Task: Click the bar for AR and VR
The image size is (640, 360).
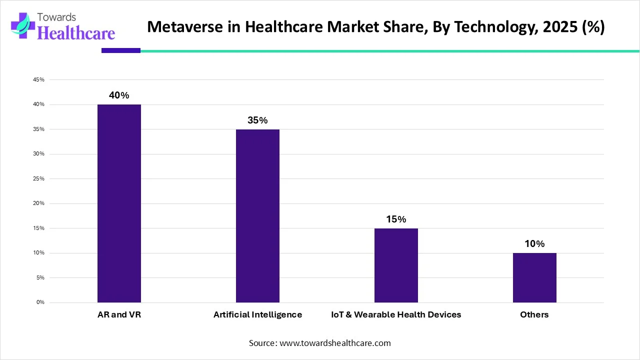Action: click(x=119, y=203)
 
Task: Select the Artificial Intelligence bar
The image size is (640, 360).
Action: click(x=257, y=215)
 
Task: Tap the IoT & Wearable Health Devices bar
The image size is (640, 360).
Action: click(x=396, y=265)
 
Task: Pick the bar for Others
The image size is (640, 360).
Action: click(x=534, y=277)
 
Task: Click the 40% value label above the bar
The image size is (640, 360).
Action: click(x=119, y=95)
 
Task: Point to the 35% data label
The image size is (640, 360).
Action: click(x=257, y=120)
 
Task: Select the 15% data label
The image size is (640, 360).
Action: click(x=396, y=219)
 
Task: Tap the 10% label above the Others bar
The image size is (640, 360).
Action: click(x=534, y=244)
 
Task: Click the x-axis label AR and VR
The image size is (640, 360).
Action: click(x=119, y=314)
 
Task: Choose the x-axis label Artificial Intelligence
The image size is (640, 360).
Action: click(x=257, y=314)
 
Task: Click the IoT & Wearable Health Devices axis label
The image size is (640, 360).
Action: click(x=396, y=314)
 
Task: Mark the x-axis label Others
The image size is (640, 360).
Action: click(x=534, y=314)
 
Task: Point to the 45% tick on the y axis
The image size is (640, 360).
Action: click(x=39, y=79)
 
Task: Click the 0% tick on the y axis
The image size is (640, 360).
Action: click(x=40, y=302)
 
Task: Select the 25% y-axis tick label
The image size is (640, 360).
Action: click(x=39, y=178)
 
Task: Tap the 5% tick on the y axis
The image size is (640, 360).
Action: click(x=40, y=277)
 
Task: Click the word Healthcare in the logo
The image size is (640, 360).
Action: click(x=76, y=32)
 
